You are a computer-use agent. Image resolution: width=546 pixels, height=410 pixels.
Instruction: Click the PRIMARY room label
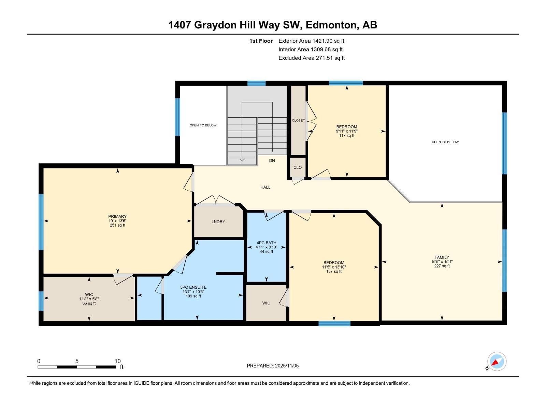117,216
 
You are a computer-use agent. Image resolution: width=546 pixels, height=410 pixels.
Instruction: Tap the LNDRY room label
218,222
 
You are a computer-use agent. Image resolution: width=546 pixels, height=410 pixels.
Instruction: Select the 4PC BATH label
266,243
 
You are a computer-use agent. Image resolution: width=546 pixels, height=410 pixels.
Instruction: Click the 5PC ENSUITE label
193,287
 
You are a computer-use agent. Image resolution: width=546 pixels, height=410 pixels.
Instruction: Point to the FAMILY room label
442,257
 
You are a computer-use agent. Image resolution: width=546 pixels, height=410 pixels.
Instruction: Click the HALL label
265,187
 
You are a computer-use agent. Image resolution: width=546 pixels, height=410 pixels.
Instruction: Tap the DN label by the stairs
272,161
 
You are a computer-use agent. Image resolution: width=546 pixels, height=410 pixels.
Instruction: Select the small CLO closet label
297,167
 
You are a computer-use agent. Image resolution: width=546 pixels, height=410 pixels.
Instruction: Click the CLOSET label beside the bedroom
298,121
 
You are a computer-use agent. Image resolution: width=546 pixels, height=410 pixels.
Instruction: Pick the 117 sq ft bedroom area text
346,136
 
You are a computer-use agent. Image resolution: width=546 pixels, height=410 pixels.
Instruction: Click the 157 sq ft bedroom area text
334,271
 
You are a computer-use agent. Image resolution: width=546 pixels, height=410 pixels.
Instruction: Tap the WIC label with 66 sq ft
89,295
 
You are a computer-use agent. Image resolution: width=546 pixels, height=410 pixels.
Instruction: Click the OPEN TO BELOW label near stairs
203,125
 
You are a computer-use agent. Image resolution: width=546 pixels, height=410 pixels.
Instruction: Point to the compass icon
497,361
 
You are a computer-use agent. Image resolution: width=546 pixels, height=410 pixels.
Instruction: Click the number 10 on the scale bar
117,361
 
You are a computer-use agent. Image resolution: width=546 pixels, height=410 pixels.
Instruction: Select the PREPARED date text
273,366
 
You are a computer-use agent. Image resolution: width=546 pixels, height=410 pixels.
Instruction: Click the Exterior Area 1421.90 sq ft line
311,41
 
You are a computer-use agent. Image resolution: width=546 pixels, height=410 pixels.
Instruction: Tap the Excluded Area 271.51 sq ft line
311,58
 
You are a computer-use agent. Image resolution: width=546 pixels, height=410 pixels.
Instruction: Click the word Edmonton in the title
331,25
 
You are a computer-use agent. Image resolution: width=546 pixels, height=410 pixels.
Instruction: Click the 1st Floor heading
261,41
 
